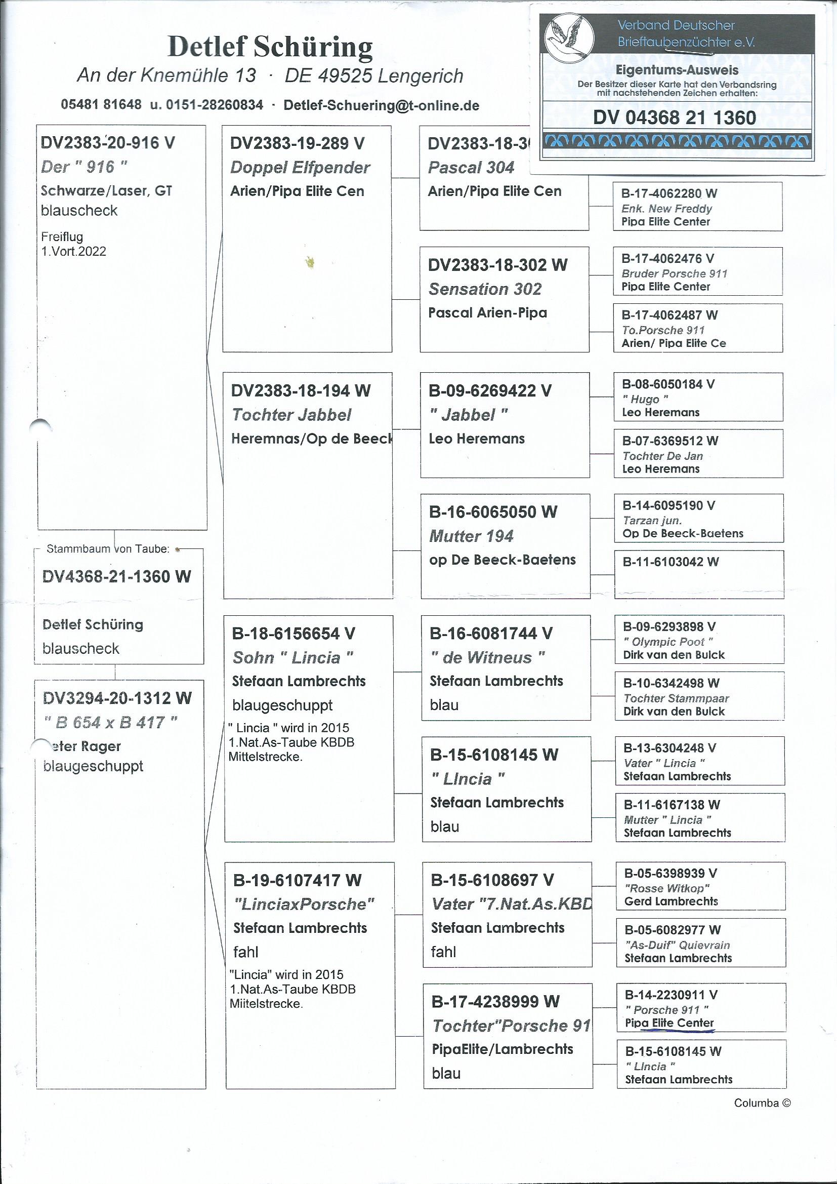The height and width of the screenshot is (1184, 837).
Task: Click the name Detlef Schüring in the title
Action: point(270,47)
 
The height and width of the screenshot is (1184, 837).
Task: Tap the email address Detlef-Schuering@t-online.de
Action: point(381,106)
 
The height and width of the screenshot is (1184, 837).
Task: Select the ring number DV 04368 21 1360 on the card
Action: point(674,117)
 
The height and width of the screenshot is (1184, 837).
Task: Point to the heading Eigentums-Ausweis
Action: point(677,70)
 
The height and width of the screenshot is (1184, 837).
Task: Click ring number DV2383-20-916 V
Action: point(108,143)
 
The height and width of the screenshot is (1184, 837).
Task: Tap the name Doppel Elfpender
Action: point(300,168)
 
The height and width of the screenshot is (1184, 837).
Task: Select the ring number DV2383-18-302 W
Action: point(497,265)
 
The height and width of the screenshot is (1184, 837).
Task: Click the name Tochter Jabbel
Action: point(291,415)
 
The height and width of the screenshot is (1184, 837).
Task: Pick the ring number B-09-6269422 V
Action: point(490,391)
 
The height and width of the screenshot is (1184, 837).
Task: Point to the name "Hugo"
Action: point(645,399)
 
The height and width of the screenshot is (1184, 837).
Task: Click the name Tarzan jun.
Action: point(652,520)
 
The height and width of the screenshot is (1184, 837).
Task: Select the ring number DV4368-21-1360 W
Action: point(116,576)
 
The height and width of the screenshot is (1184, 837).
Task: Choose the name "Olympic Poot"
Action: point(668,642)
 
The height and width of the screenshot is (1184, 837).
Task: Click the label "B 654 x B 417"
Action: point(110,723)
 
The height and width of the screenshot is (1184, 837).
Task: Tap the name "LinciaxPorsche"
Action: point(304,904)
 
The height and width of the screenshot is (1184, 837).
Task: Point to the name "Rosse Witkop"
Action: point(667,889)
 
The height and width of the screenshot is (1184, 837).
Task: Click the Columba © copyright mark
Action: point(762,1103)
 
